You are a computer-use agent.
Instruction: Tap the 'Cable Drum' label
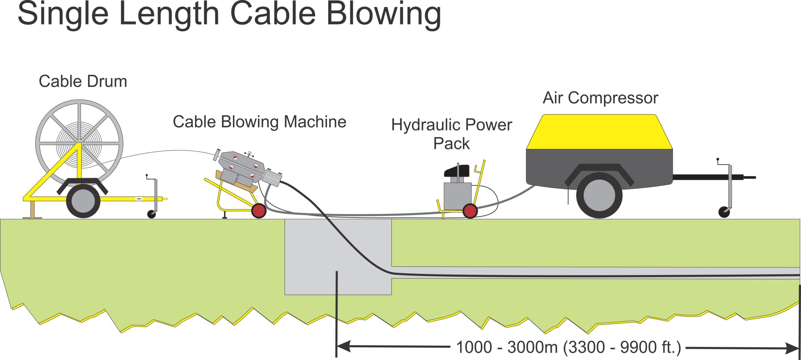[83, 81]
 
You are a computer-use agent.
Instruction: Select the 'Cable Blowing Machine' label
[259, 122]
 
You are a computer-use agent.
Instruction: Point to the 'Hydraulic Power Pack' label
[452, 134]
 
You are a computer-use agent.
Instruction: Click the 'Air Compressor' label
[600, 98]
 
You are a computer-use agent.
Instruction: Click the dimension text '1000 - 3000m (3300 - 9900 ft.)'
[568, 347]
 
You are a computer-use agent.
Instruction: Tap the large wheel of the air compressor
[599, 195]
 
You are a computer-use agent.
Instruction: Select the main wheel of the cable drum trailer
[83, 201]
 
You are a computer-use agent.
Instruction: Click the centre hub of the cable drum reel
[79, 144]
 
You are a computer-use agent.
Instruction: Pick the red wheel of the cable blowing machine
[259, 211]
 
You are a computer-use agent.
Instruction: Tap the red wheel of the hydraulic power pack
[470, 211]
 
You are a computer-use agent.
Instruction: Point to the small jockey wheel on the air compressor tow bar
[724, 212]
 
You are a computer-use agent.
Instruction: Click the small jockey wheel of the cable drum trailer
[152, 214]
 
